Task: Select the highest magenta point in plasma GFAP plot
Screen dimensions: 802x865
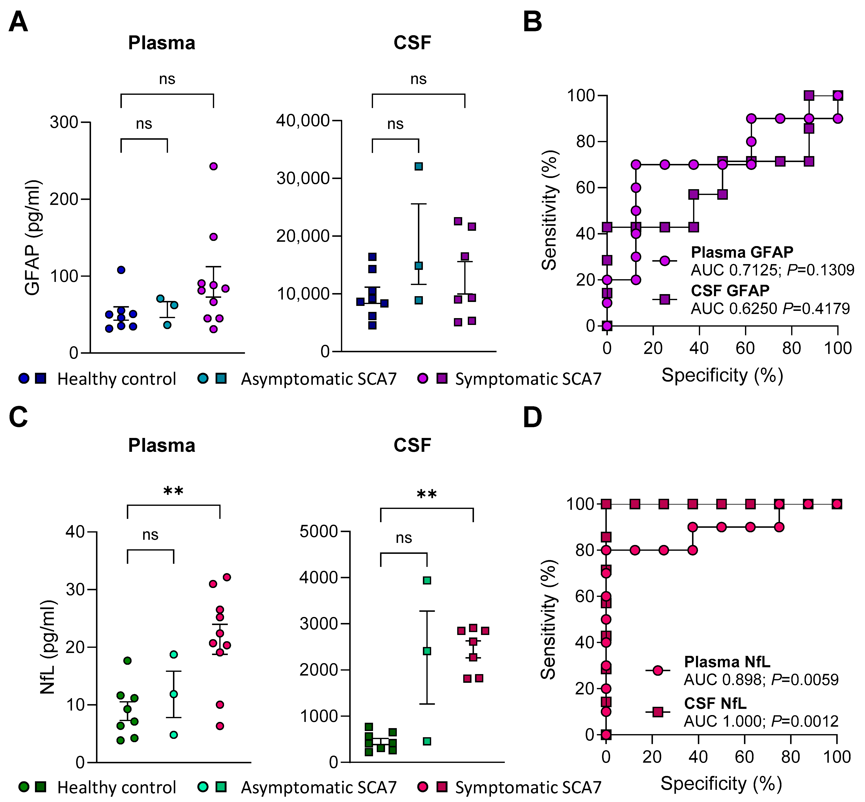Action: point(214,166)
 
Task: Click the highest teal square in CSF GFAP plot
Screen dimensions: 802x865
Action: point(419,166)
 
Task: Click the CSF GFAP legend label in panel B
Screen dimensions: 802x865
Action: point(730,290)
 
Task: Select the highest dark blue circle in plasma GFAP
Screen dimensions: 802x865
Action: point(121,270)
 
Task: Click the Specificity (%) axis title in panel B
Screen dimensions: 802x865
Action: point(722,375)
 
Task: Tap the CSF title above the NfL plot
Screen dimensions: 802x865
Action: point(412,445)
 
